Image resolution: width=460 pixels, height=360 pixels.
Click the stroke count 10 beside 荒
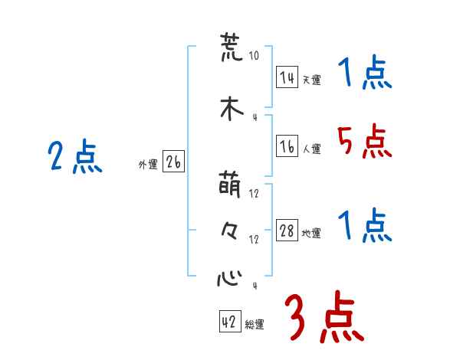254,56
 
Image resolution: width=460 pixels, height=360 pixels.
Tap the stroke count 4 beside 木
254,117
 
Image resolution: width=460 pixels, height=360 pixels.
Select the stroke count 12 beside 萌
254,193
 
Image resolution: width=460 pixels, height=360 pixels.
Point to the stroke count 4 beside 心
254,286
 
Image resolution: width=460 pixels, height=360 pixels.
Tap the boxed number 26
173,162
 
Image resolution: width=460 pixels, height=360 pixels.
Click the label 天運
311,80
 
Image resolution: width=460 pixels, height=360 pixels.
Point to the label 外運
147,164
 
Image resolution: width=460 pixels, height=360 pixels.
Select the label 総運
255,325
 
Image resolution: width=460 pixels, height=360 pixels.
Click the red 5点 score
364,142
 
